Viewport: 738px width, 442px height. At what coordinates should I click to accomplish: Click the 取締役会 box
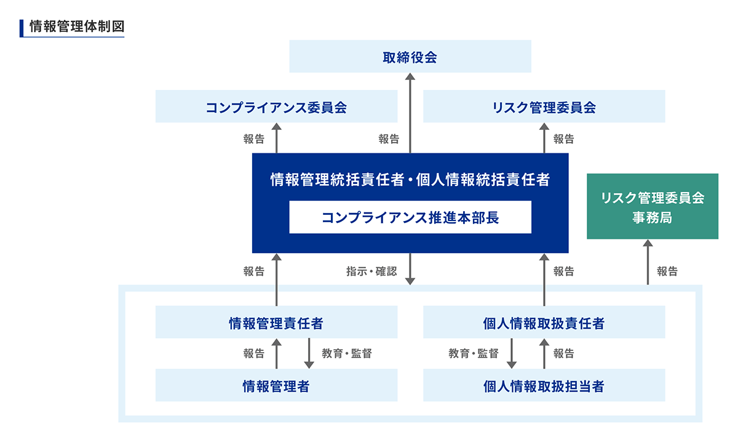coord(410,57)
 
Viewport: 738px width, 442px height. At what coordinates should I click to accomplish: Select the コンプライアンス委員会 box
coord(276,106)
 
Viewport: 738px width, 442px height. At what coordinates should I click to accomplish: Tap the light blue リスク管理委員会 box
coord(544,106)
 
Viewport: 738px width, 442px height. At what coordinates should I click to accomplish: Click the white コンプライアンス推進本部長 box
coord(410,217)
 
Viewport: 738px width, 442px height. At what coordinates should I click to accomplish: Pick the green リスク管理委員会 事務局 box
coord(653,206)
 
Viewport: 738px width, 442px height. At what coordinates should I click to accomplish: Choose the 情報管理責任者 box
coord(276,322)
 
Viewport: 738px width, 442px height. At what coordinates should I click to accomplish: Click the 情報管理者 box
coord(276,385)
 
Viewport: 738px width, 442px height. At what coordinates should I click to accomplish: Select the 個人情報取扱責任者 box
coord(544,322)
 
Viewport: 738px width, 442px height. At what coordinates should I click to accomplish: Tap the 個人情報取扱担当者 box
coord(544,385)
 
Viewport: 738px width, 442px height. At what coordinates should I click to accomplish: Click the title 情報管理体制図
coord(77,26)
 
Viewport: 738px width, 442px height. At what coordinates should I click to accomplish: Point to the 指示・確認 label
coord(371,271)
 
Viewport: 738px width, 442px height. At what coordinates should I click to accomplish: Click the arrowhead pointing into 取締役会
coord(410,76)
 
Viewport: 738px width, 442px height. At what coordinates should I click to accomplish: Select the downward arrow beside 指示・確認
coord(410,269)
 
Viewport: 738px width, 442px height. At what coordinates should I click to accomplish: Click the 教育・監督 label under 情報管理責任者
coord(347,353)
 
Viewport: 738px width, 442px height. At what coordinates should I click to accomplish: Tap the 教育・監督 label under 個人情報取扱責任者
coord(474,353)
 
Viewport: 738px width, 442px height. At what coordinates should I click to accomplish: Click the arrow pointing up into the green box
coord(648,262)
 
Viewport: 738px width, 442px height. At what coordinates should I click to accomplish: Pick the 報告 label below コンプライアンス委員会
coord(254,139)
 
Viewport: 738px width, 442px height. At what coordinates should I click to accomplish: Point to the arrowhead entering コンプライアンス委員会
coord(276,127)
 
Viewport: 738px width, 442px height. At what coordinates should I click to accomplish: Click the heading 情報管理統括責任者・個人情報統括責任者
coord(410,180)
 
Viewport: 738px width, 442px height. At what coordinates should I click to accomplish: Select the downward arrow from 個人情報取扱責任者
coord(512,353)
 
